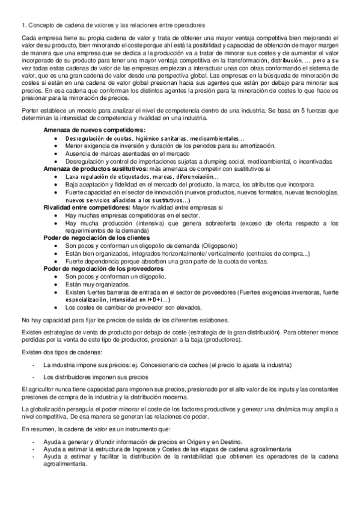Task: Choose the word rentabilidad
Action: (x=180, y=458)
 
